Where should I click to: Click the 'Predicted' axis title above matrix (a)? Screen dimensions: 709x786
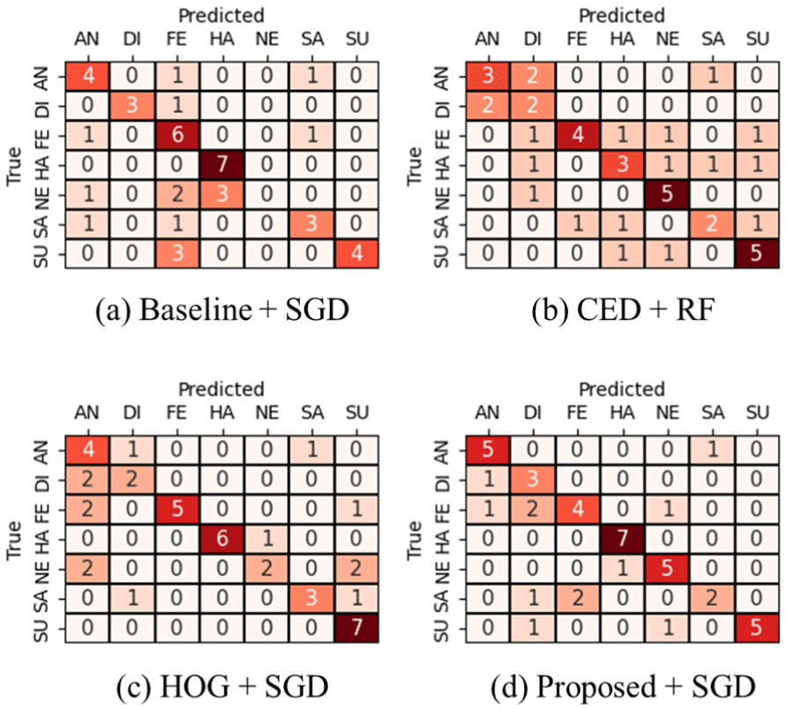[x=221, y=15]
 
